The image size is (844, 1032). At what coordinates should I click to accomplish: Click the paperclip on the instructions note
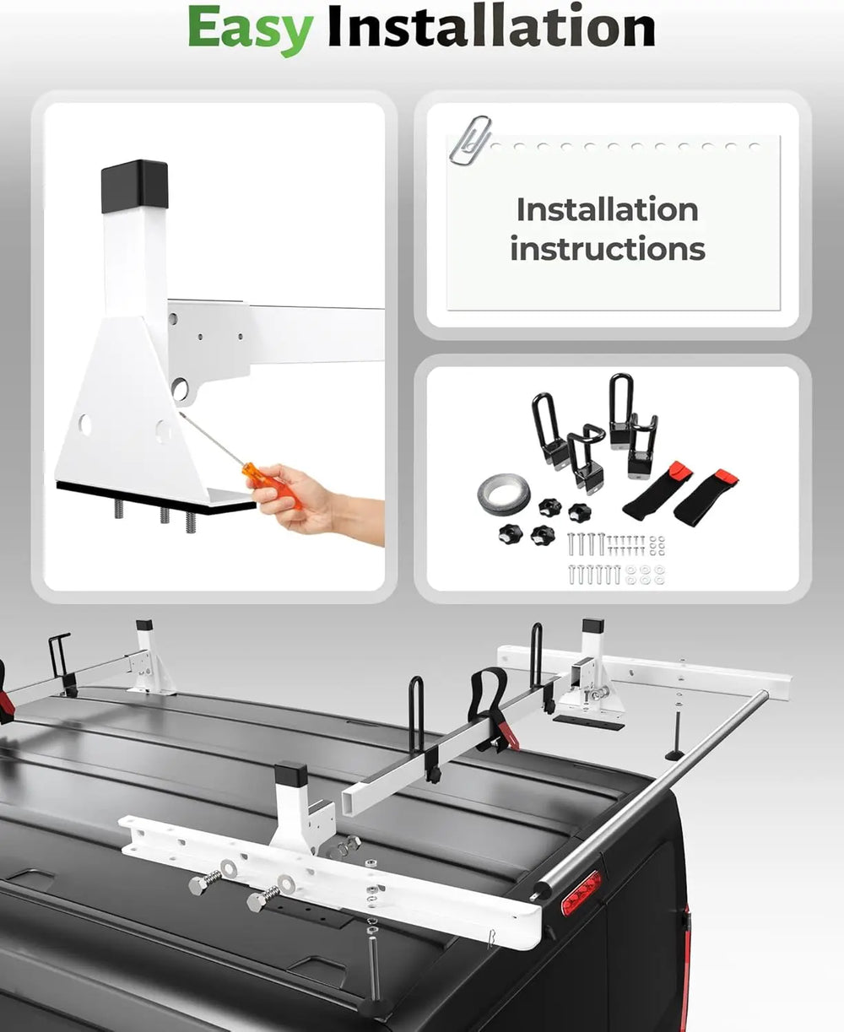[470, 140]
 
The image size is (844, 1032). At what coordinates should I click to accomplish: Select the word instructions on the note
[608, 249]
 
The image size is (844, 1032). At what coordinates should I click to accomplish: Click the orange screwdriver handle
[271, 485]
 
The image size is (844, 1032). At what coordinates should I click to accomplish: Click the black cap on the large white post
[135, 186]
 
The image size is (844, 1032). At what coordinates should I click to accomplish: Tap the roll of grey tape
[504, 494]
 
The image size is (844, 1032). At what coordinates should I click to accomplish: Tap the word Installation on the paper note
[608, 209]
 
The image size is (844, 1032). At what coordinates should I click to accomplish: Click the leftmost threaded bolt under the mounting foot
[118, 509]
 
